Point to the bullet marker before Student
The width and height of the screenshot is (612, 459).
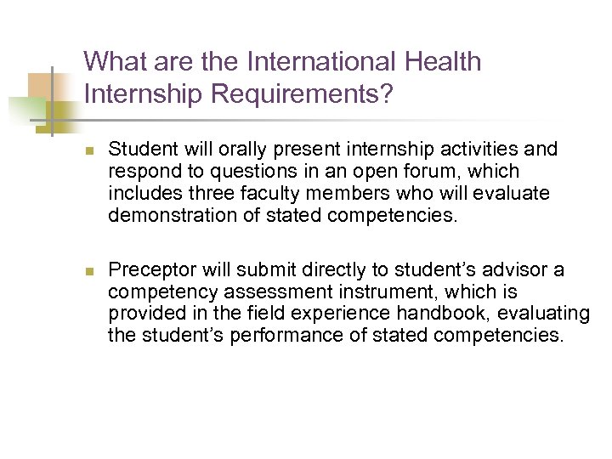pos(89,150)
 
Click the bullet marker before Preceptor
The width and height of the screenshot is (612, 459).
pos(89,271)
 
